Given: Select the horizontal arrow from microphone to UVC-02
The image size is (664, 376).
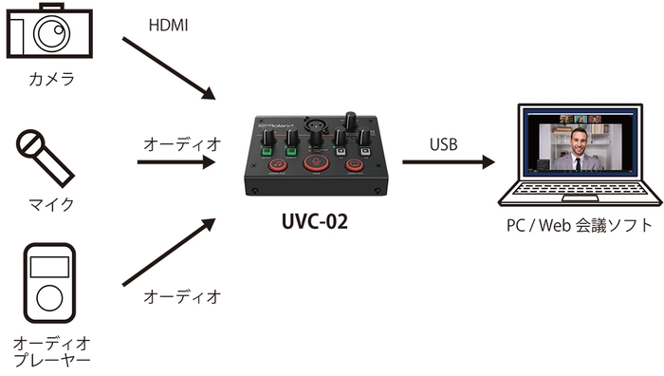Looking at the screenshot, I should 175,161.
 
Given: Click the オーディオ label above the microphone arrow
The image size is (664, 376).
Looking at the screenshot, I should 181,143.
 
